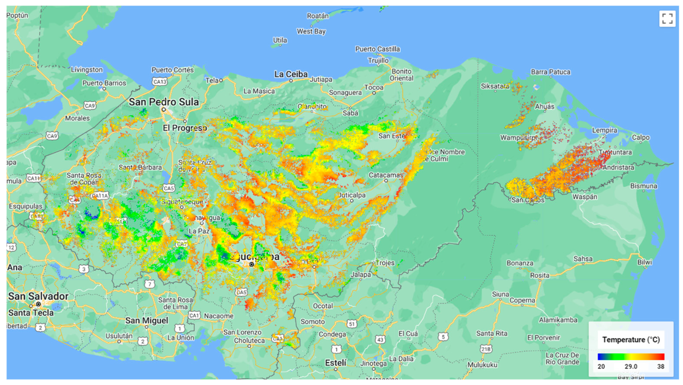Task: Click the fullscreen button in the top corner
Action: tap(667, 19)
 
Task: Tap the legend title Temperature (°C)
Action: tap(631, 340)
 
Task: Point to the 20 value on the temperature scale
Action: tap(601, 366)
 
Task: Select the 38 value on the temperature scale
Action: tap(661, 366)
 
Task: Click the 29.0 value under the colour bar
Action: tap(631, 366)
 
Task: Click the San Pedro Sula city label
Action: tap(164, 102)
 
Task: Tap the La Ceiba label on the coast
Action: tap(291, 74)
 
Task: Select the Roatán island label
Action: tap(318, 16)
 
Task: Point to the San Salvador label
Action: tap(38, 296)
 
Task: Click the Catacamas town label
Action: tap(386, 175)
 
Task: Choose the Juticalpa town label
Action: tap(352, 195)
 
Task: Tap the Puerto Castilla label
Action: tap(378, 49)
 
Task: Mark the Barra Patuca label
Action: tap(551, 72)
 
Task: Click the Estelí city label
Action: tap(336, 363)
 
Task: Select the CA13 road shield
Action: tap(160, 82)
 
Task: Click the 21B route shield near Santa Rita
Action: tap(486, 349)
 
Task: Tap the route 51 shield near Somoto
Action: tap(352, 324)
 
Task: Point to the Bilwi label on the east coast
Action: tap(645, 262)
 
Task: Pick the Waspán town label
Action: tap(585, 197)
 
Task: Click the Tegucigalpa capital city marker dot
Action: tap(252, 264)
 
